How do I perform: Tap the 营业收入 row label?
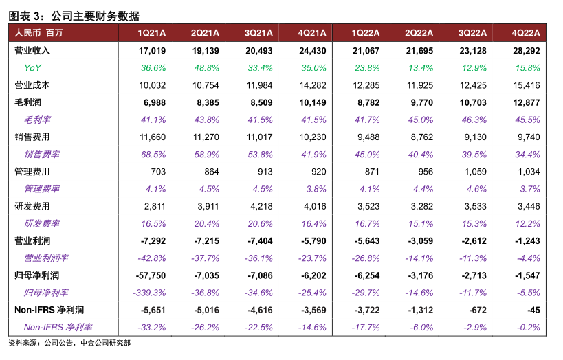(32, 50)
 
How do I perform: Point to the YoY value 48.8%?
(206, 67)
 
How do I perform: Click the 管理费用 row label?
(32, 171)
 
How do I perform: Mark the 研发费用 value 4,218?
(260, 206)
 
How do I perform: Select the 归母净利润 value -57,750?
(150, 275)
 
